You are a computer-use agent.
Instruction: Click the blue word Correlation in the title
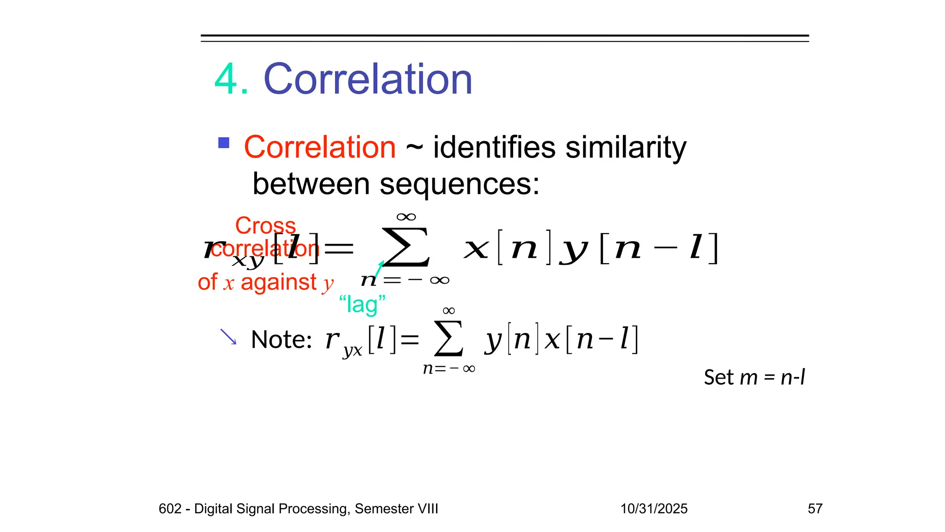(x=368, y=79)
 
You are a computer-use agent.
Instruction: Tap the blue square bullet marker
(x=224, y=143)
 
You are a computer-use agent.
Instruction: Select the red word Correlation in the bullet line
(x=320, y=147)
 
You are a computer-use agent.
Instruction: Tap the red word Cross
(x=265, y=226)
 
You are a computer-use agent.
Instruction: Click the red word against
(x=279, y=282)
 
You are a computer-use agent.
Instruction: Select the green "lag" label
(x=362, y=305)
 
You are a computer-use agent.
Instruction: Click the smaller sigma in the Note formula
(x=449, y=339)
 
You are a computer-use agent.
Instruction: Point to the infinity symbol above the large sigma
(x=406, y=217)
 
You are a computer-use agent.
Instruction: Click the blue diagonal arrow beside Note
(x=228, y=337)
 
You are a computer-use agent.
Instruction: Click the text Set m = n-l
(x=754, y=377)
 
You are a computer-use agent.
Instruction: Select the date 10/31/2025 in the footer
(x=654, y=508)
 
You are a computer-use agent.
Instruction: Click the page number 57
(x=815, y=508)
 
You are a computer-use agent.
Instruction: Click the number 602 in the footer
(x=170, y=508)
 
